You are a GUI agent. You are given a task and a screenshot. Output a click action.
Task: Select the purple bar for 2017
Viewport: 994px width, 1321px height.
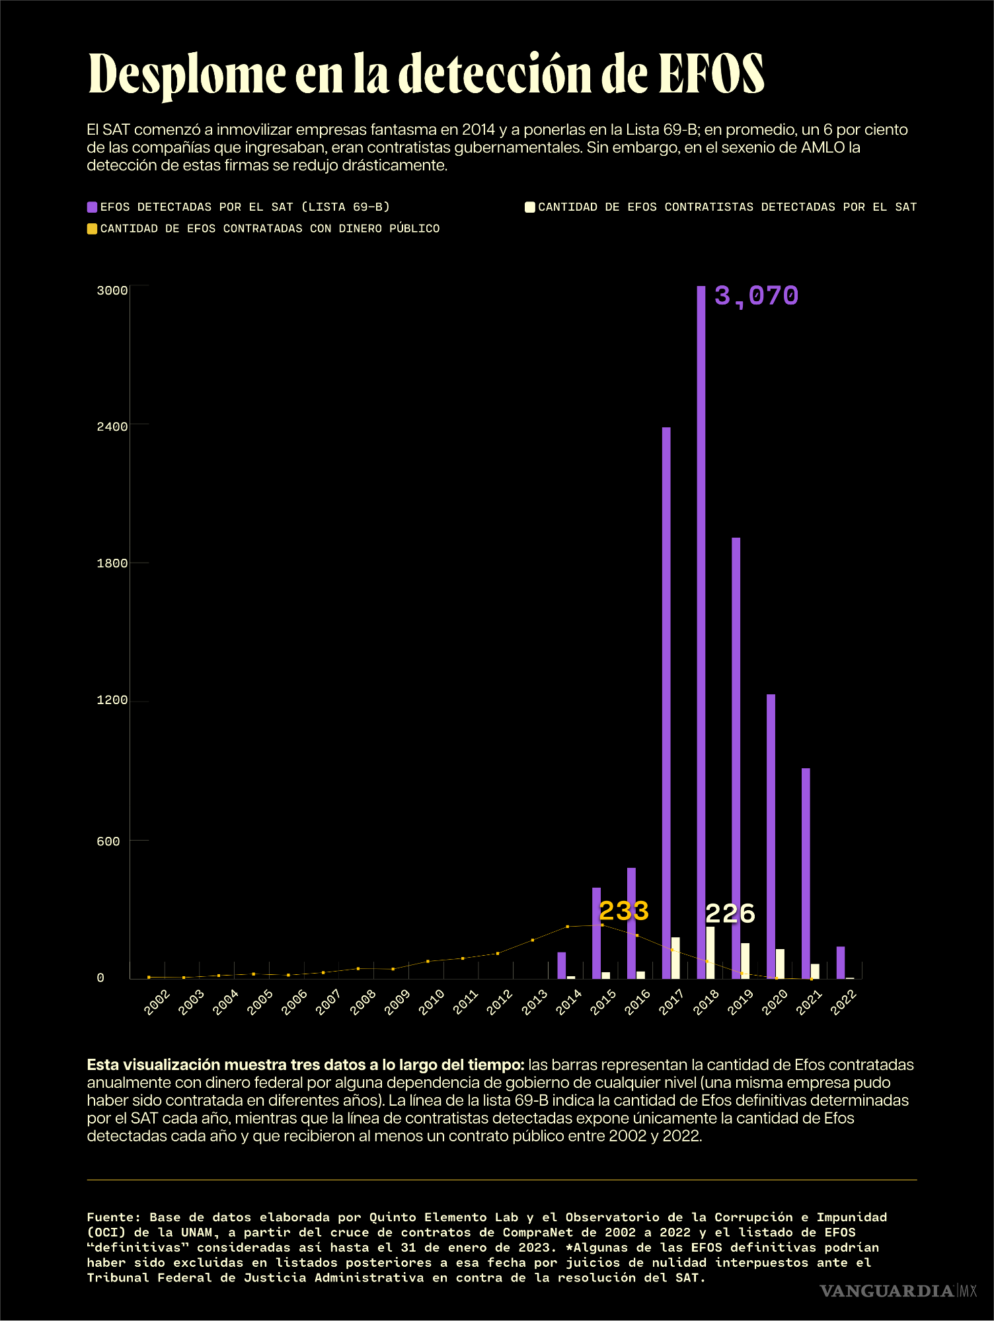[666, 700]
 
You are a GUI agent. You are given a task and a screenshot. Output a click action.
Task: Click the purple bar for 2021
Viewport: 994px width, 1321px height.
[806, 872]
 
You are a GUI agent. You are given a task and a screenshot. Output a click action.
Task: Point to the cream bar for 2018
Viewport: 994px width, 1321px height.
[710, 952]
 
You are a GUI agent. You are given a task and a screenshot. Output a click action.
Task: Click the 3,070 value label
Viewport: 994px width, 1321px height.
[756, 296]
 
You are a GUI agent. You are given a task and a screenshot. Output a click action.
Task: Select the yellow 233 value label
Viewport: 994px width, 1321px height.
[623, 911]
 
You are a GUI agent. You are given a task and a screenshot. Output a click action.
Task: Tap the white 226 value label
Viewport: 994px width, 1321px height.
[730, 914]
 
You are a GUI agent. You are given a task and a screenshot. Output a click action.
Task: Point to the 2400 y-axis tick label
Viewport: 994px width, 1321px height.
[112, 427]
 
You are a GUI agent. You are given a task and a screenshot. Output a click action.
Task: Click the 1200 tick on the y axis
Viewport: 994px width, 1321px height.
[112, 700]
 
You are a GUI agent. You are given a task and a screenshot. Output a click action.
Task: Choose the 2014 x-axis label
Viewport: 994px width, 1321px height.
[568, 1002]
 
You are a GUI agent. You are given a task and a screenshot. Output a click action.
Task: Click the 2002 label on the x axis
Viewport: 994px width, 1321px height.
[157, 1002]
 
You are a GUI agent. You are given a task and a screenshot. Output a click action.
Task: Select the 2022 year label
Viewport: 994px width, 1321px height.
[843, 1002]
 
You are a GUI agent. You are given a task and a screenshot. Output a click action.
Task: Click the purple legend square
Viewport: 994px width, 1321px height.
[93, 207]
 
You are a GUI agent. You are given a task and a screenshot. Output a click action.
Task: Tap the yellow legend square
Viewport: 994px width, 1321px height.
[93, 229]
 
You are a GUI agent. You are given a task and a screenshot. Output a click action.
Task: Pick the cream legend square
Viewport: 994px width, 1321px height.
[529, 207]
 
